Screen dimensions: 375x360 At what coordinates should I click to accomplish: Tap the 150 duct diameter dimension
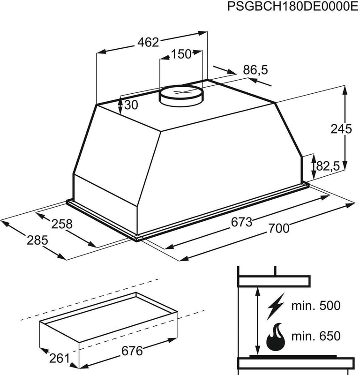(181, 54)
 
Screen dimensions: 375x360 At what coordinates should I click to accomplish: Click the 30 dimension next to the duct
(132, 105)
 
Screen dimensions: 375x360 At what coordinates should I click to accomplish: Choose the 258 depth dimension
(62, 224)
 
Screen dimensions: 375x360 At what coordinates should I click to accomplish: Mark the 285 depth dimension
(37, 240)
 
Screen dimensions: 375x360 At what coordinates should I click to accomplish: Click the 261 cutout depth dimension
(60, 359)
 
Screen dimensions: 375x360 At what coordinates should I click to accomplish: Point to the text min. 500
(316, 307)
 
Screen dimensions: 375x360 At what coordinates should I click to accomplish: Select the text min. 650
(316, 336)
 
